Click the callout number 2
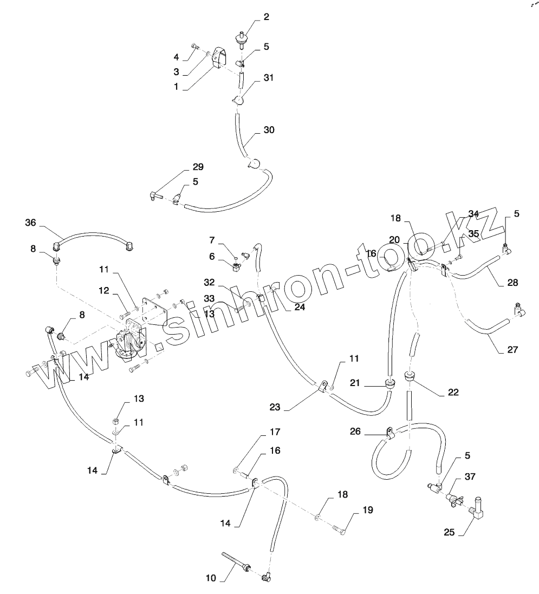266,17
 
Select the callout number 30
269,130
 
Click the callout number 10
211,578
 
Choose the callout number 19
368,510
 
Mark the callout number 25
449,532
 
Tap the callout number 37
470,476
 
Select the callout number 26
355,432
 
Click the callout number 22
453,392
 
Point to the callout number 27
512,350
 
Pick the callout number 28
512,282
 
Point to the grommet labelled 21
388,384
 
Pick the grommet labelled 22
410,375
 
